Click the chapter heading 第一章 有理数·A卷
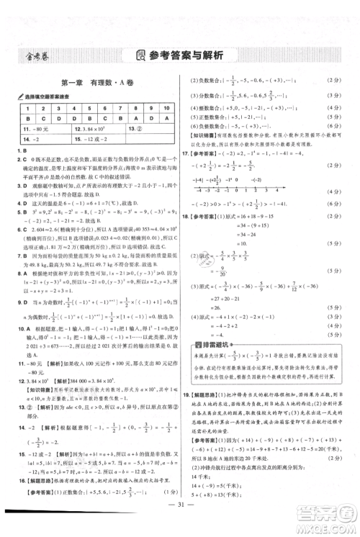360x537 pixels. tap(91, 84)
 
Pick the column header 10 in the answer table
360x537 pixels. tap(167, 107)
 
